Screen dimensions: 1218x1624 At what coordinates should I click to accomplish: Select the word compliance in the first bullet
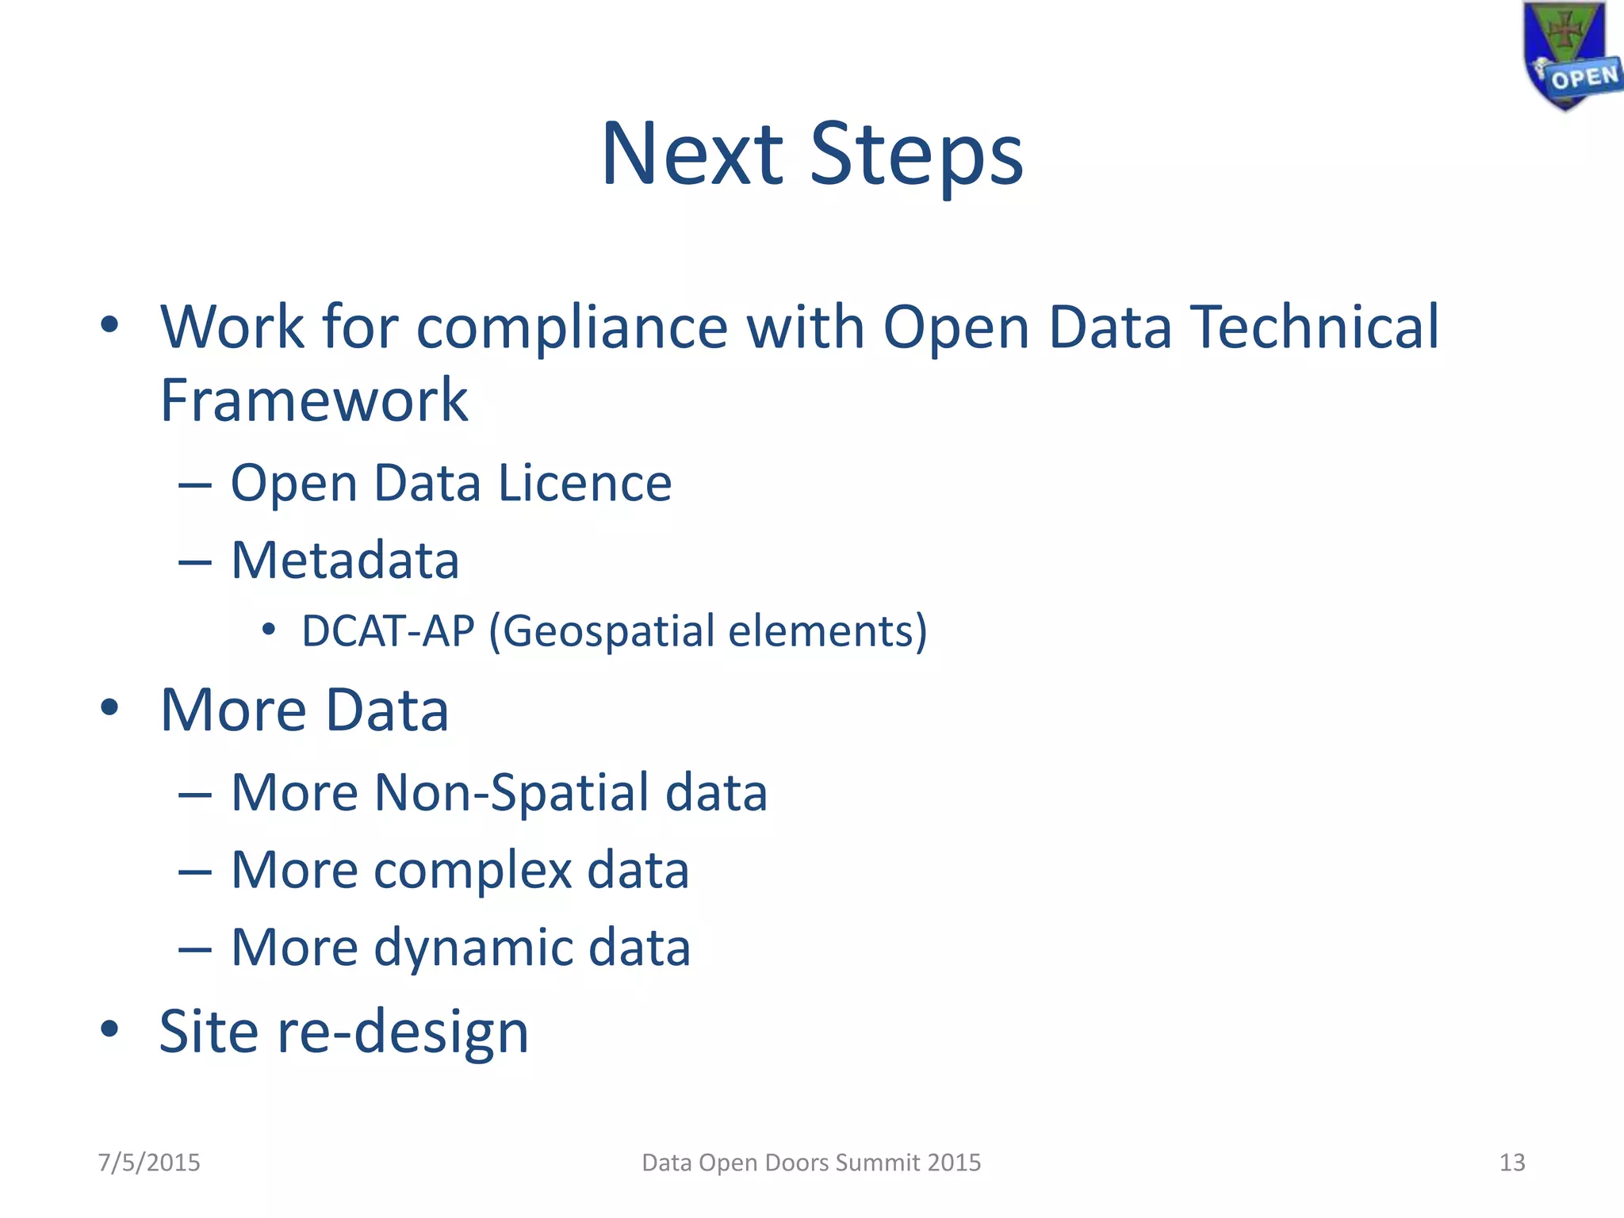coord(572,327)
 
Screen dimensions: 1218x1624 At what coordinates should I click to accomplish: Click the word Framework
coord(313,400)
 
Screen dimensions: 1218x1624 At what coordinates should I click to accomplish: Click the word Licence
coord(585,483)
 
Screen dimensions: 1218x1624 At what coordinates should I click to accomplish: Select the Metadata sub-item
coord(345,561)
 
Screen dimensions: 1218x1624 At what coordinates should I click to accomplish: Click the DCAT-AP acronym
coord(388,631)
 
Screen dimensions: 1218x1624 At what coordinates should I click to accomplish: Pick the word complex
coord(473,870)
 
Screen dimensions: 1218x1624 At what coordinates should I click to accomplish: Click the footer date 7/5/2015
coord(149,1162)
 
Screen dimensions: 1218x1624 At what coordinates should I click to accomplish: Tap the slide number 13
coord(1511,1162)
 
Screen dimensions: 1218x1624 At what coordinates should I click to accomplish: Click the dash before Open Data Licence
coord(195,485)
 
